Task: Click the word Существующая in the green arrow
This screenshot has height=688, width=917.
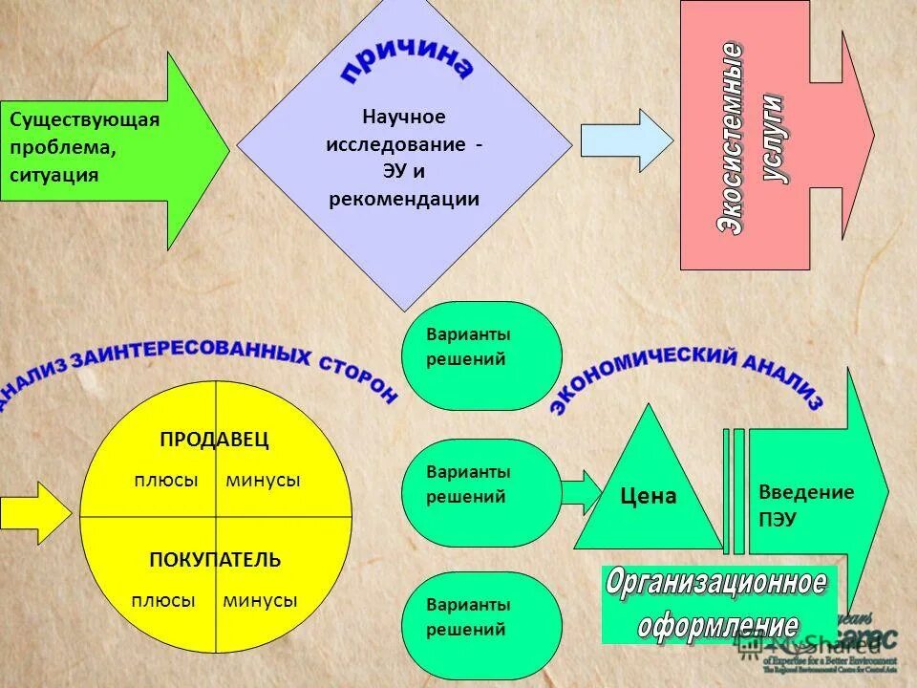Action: [x=84, y=120]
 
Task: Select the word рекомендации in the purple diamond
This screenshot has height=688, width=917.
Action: [x=404, y=200]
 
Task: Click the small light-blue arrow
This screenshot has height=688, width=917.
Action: [x=626, y=140]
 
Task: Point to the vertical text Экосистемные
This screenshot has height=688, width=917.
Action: [x=731, y=139]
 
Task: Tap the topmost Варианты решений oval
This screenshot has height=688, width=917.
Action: [x=481, y=355]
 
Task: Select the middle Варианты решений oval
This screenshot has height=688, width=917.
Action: [x=481, y=492]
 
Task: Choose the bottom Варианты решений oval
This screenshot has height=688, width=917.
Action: [x=481, y=625]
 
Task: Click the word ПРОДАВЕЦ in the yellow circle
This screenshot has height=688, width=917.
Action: [x=215, y=440]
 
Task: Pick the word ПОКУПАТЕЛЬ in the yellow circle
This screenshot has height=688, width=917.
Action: [x=215, y=560]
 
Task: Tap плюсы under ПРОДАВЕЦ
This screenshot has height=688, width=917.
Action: [x=165, y=481]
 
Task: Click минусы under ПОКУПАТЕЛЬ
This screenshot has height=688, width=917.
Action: [x=260, y=601]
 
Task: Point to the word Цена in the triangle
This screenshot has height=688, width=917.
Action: [x=648, y=496]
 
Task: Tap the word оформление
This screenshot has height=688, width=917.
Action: [x=717, y=626]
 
